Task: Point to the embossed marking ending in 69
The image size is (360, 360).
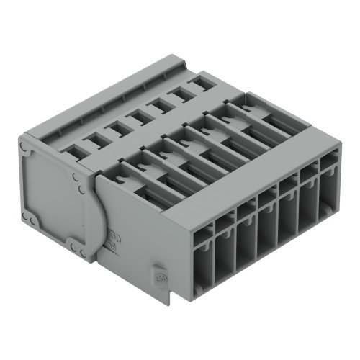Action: point(112,246)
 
